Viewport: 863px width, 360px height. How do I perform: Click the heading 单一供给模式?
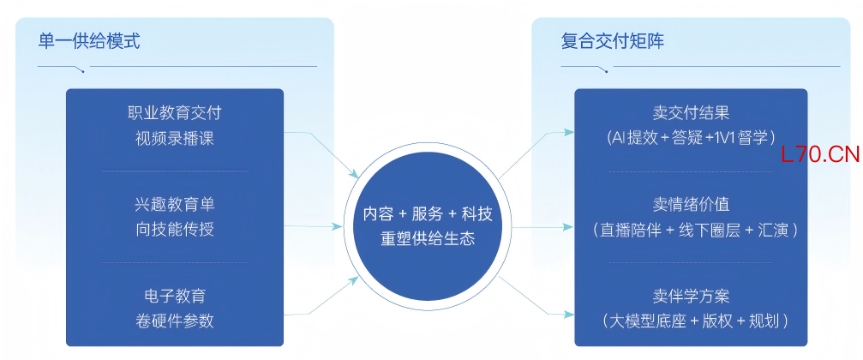[89, 41]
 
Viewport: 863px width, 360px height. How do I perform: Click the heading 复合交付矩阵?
[612, 41]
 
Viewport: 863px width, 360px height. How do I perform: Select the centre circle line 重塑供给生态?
[428, 238]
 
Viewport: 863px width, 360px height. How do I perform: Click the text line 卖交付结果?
[690, 113]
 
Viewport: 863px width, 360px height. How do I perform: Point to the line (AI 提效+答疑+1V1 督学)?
[690, 138]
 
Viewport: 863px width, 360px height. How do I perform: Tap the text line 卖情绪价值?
[690, 205]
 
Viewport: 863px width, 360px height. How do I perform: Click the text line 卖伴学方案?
[690, 297]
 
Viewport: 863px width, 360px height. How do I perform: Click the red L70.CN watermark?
[819, 154]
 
